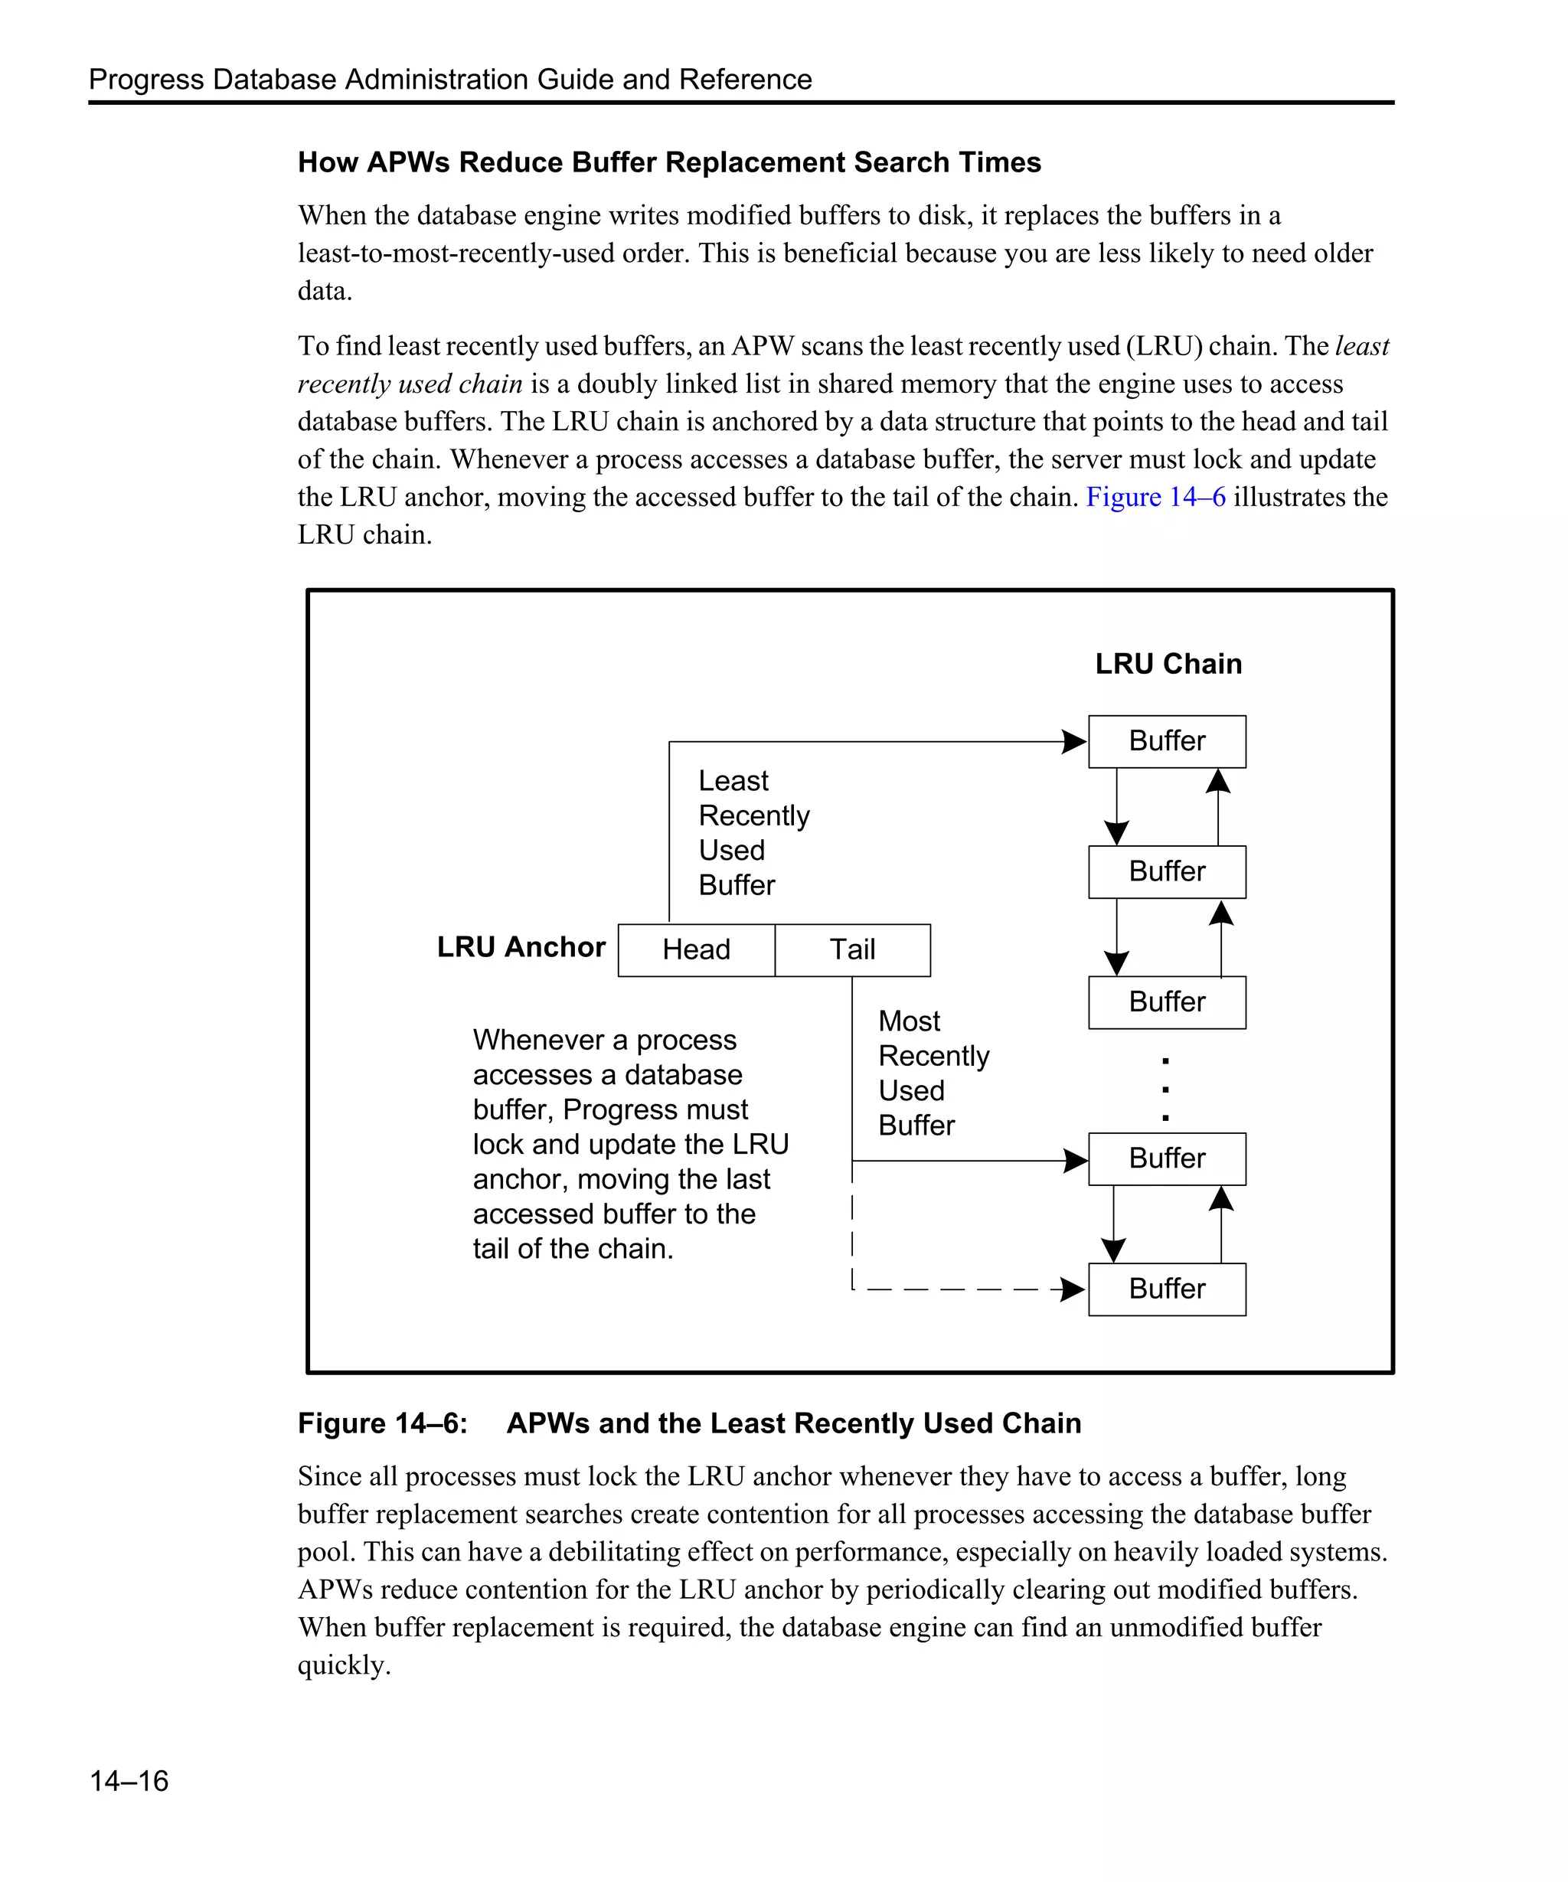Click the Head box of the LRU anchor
click(696, 950)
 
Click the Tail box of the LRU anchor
click(852, 950)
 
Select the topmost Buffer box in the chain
click(1167, 741)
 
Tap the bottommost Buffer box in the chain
click(1167, 1289)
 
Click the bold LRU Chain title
click(1168, 664)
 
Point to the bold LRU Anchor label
click(521, 947)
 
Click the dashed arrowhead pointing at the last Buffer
click(1072, 1289)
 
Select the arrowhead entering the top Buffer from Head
click(1073, 742)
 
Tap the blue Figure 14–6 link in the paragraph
click(1155, 498)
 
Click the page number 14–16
click(129, 1781)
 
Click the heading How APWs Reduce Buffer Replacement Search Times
click(668, 162)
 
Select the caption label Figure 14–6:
click(383, 1423)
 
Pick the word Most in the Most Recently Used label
click(909, 1021)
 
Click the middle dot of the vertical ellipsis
click(1165, 1090)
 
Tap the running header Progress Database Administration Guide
click(449, 80)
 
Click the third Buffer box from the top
click(1167, 1002)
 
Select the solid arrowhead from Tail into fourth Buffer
click(1074, 1161)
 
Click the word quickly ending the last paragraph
click(344, 1665)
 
